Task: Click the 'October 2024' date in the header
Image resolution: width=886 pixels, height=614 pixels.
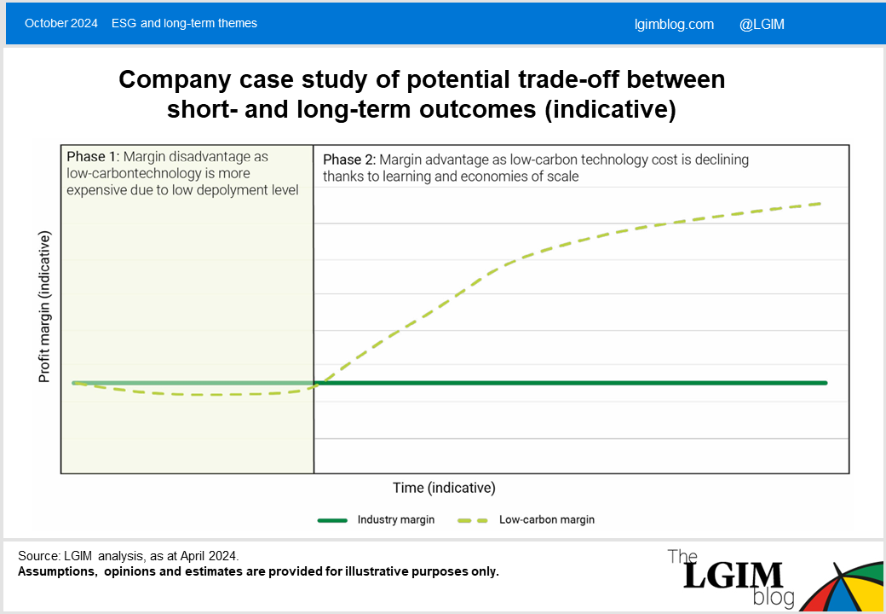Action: [61, 23]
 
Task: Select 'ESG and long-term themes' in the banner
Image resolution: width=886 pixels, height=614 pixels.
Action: [184, 23]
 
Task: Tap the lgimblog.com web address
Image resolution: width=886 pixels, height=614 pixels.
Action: [674, 25]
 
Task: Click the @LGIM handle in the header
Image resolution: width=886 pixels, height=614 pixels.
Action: [762, 25]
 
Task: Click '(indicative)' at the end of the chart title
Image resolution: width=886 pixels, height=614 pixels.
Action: [610, 109]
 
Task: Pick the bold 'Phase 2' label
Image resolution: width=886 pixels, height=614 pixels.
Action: [349, 159]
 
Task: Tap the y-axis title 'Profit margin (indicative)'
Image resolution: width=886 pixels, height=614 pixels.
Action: [44, 306]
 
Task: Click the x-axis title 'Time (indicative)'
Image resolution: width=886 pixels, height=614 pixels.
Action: [444, 487]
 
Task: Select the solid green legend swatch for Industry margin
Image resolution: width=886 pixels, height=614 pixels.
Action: [332, 520]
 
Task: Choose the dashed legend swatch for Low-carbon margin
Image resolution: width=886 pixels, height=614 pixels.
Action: [473, 520]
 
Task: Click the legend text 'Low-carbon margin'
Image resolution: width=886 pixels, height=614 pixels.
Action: [547, 519]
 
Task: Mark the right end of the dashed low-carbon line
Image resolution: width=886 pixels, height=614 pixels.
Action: [820, 204]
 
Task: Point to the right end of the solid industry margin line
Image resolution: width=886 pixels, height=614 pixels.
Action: [826, 383]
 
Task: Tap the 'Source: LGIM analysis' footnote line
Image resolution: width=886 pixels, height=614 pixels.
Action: [129, 556]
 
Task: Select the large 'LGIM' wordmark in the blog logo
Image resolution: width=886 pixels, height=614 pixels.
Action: [733, 575]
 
